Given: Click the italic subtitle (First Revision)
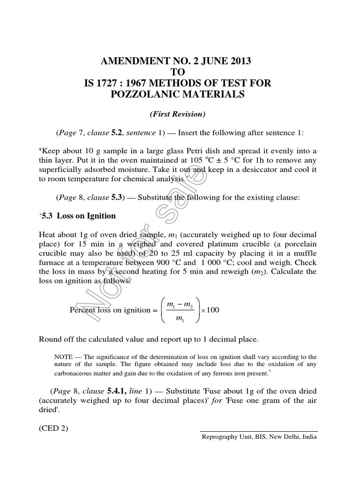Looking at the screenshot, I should point(180,114).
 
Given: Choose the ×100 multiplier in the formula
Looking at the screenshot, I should point(210,310).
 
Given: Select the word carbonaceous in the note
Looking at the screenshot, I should point(78,374).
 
